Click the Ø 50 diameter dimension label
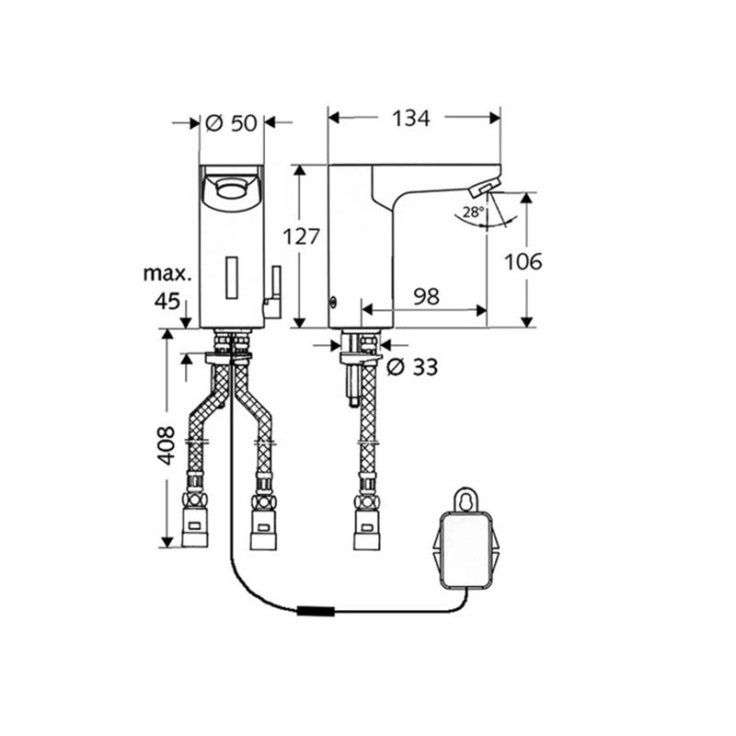232,123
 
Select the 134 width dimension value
410,119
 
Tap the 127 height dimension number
301,236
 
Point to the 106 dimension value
523,261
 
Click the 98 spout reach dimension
426,296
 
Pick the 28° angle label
473,213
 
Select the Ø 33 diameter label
411,367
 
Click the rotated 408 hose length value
166,445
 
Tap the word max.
167,273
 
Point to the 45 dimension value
167,301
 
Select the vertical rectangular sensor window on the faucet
232,278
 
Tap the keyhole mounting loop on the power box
466,500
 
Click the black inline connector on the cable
316,611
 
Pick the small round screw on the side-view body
333,302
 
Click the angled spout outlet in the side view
481,189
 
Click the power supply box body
466,550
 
